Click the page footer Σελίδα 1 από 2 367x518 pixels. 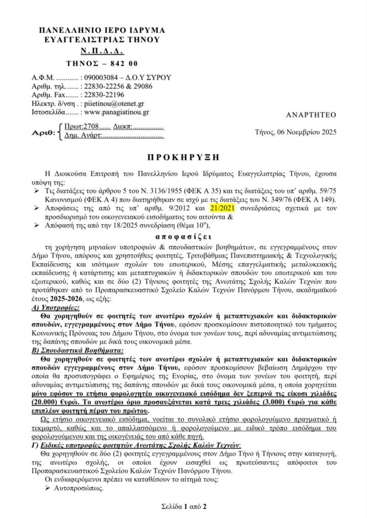point(183,505)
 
